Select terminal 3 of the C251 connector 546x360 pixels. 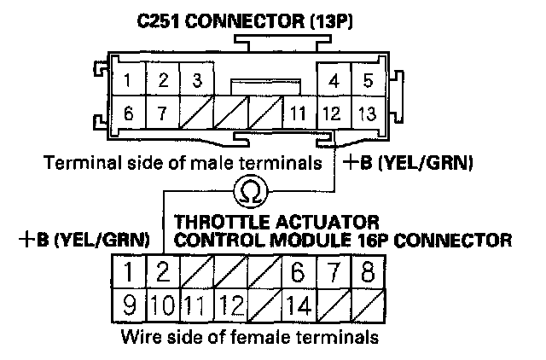[195, 82]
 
